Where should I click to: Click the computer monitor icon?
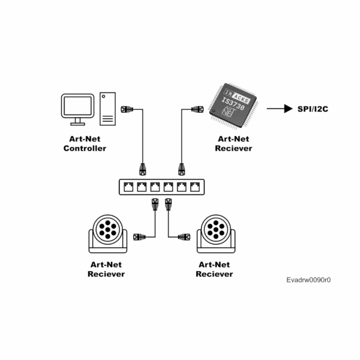point(78,106)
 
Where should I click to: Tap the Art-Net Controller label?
point(85,144)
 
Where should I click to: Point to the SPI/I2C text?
point(313,109)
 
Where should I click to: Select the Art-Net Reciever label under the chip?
point(233,144)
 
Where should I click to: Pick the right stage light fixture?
point(214,234)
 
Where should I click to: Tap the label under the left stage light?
point(106,269)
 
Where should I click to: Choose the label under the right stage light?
point(215,269)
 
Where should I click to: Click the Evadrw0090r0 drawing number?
point(308,280)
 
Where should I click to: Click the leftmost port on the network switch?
point(128,187)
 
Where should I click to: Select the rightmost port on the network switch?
point(194,187)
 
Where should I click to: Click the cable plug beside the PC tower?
point(127,110)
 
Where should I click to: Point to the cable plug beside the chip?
point(197,110)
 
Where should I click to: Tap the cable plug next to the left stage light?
point(140,237)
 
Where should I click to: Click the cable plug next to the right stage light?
point(184,237)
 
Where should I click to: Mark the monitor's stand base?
point(77,123)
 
